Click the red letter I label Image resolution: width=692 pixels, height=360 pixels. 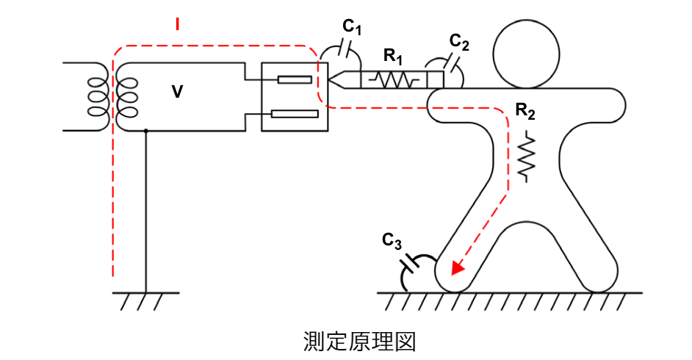coord(178,24)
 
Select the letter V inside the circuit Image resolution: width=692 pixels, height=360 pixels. coord(177,92)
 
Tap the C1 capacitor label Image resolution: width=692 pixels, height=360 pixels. coord(353,27)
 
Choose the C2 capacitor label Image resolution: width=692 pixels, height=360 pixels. coord(460,42)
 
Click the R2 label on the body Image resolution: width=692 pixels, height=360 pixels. coord(525,111)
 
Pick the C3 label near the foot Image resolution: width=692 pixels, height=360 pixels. coord(392,240)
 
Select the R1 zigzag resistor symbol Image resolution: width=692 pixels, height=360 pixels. coord(394,79)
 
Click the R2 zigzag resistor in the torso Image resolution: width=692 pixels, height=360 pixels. coord(527,156)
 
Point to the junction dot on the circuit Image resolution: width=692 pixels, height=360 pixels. coord(146,131)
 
